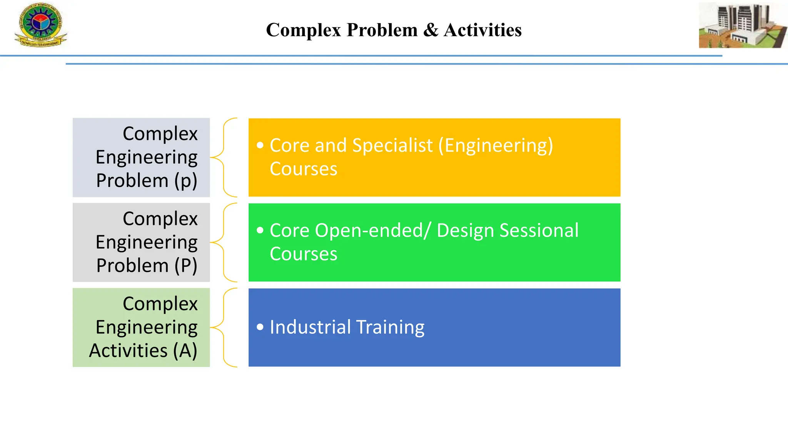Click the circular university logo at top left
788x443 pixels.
tap(40, 24)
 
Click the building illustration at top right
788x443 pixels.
tap(742, 25)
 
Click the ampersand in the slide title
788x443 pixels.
tap(431, 30)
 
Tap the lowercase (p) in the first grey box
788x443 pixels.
tap(185, 181)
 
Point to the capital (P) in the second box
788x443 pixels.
tap(185, 265)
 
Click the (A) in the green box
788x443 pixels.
tap(185, 350)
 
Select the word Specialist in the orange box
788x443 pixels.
tap(392, 145)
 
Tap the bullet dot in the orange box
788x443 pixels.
tap(260, 145)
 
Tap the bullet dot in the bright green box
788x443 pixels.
tap(260, 230)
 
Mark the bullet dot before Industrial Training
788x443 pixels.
tap(260, 327)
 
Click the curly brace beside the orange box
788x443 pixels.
tap(225, 157)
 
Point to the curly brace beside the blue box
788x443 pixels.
tap(225, 327)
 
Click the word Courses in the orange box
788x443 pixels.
tap(303, 169)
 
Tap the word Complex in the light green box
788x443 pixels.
tap(160, 303)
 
